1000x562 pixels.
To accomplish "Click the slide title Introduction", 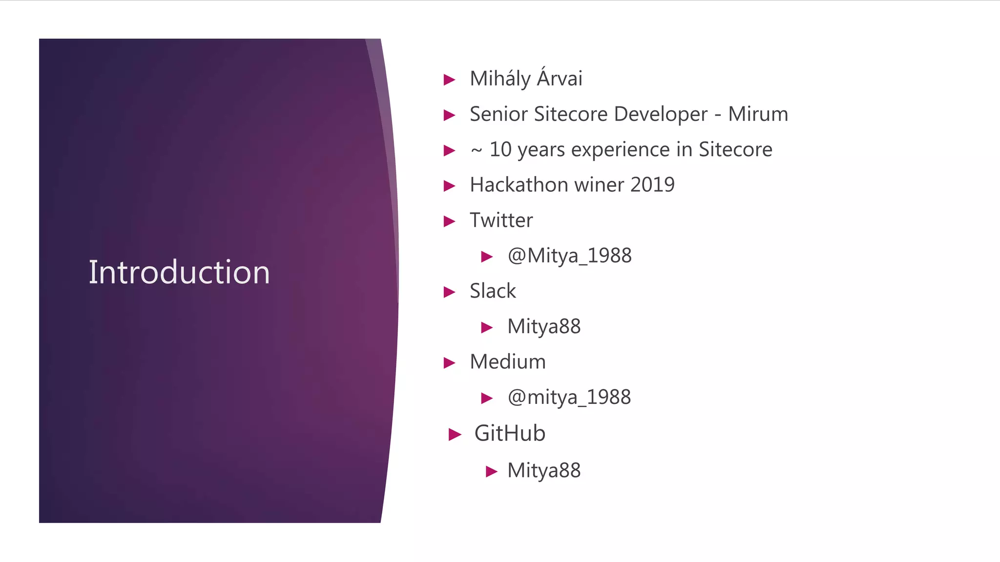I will [x=179, y=272].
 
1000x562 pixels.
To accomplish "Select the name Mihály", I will [x=500, y=79].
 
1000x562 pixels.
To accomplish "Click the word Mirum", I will [x=758, y=114].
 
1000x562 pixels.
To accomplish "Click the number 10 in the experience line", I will [x=500, y=150].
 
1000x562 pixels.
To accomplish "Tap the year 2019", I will [x=652, y=185].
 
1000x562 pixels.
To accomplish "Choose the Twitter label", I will [x=501, y=221].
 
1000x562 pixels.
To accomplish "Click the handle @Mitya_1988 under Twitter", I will [x=569, y=256].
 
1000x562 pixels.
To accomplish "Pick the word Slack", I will [x=493, y=291].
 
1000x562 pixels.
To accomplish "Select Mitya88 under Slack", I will [x=544, y=326].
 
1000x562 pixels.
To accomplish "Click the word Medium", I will [x=508, y=362].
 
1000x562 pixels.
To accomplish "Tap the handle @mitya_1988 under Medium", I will [x=569, y=397].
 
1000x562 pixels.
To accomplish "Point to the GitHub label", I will [x=510, y=433].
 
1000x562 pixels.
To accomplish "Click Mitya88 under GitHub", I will [x=544, y=471].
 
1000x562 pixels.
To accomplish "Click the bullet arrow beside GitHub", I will [x=455, y=434].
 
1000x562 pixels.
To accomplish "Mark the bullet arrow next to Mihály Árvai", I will [x=449, y=80].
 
